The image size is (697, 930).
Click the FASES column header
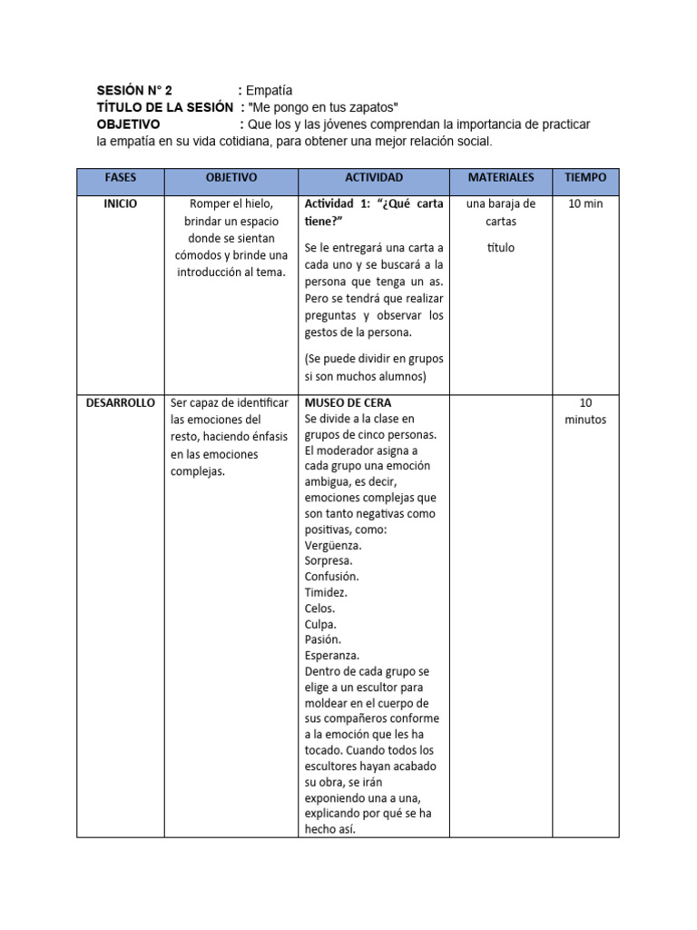pyautogui.click(x=120, y=177)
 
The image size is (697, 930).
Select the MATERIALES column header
pyautogui.click(x=500, y=177)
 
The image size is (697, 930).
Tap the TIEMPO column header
pyautogui.click(x=585, y=177)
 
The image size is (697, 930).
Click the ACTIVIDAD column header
pyautogui.click(x=374, y=177)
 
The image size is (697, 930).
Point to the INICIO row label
pyautogui.click(x=120, y=203)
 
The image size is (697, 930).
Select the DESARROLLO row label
pyautogui.click(x=121, y=402)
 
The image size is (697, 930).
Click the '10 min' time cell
pyautogui.click(x=585, y=203)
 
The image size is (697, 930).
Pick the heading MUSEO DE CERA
pyautogui.click(x=348, y=402)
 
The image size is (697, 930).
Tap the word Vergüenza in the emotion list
pyautogui.click(x=333, y=545)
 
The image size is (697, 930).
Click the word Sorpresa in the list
pyautogui.click(x=329, y=560)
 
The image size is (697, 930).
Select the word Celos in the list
pyautogui.click(x=320, y=608)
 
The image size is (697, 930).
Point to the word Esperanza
pyautogui.click(x=332, y=655)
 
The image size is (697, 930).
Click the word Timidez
pyautogui.click(x=327, y=592)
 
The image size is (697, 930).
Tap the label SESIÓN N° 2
pyautogui.click(x=134, y=90)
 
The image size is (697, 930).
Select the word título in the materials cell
pyautogui.click(x=500, y=247)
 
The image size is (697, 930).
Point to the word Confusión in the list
pyautogui.click(x=332, y=576)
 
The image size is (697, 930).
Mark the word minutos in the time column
pyautogui.click(x=585, y=420)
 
